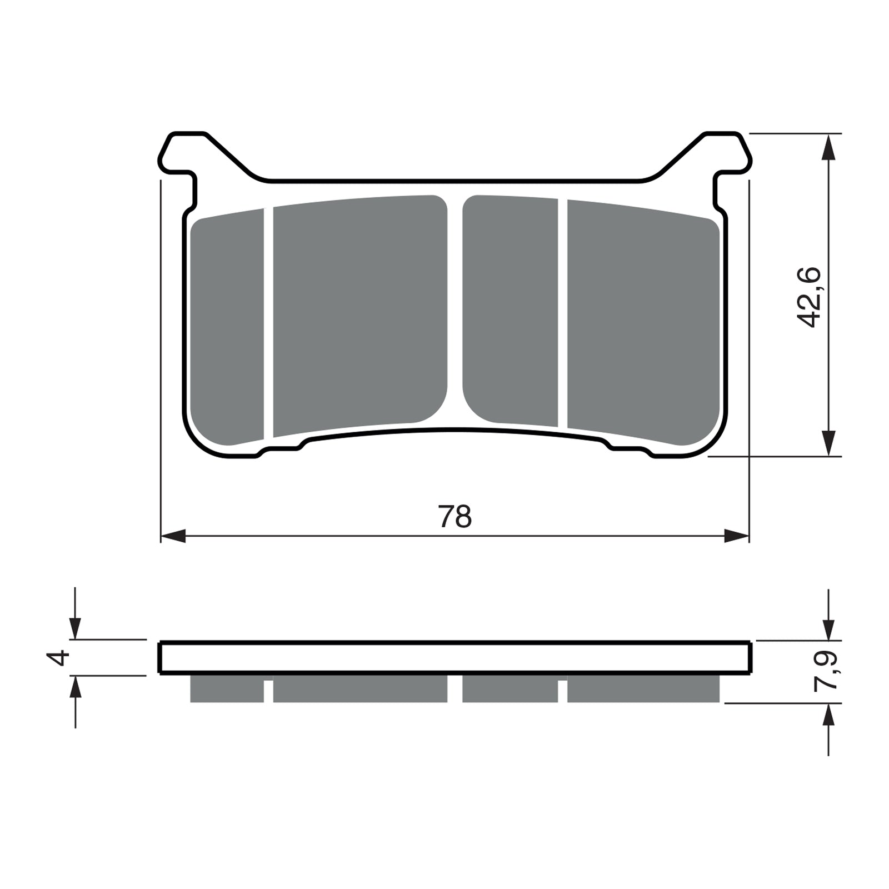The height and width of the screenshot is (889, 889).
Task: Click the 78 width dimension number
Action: coord(455,517)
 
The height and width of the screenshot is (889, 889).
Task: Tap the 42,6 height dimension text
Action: coord(808,297)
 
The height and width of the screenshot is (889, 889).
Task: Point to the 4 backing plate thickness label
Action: coord(60,657)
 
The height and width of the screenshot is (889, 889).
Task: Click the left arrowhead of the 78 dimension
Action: coord(172,536)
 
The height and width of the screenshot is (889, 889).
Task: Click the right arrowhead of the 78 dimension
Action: coord(737,536)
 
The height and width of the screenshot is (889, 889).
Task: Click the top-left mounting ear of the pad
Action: coord(181,153)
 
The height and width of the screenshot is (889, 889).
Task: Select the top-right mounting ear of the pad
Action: coord(729,153)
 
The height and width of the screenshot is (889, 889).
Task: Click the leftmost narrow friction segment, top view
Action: coord(227,328)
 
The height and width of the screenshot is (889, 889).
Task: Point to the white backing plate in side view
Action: coord(455,658)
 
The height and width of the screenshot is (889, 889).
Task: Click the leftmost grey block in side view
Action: coord(227,689)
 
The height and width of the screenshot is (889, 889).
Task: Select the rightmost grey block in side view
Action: coord(643,689)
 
